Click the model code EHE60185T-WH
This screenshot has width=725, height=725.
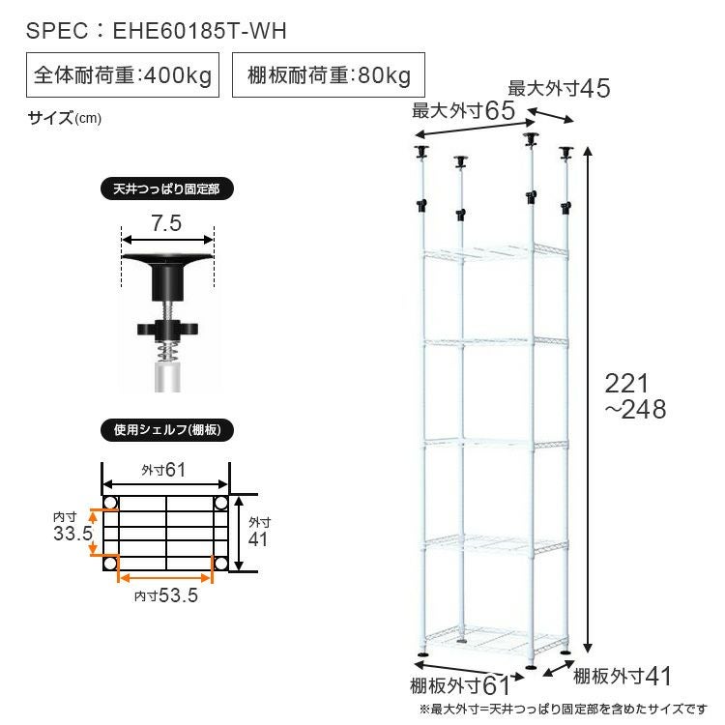pyautogui.click(x=200, y=31)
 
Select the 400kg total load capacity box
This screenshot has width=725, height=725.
pyautogui.click(x=123, y=74)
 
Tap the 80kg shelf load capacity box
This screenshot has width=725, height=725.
pyautogui.click(x=329, y=74)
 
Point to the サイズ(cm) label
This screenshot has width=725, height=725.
pyautogui.click(x=64, y=118)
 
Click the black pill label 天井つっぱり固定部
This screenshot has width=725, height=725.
pyautogui.click(x=167, y=189)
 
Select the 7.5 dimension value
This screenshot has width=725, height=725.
pyautogui.click(x=166, y=223)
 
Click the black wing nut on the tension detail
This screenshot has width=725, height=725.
pyautogui.click(x=167, y=330)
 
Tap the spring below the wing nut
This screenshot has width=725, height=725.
pyautogui.click(x=167, y=352)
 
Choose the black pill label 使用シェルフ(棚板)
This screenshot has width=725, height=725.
pyautogui.click(x=167, y=430)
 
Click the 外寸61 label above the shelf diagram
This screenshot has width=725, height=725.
pyautogui.click(x=163, y=470)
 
